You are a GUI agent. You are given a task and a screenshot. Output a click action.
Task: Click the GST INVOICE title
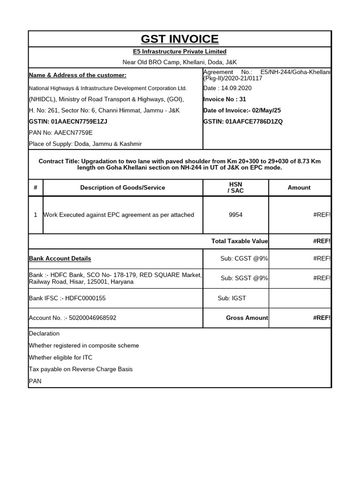[180, 39]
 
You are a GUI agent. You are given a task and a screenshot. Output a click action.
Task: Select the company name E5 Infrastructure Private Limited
[180, 52]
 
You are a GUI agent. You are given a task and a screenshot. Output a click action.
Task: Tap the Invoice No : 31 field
[225, 99]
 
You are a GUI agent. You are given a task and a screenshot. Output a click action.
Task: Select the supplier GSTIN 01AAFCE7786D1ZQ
[243, 122]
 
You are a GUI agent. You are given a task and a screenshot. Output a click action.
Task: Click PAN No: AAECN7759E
[61, 133]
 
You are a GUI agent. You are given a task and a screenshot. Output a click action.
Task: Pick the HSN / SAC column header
[235, 187]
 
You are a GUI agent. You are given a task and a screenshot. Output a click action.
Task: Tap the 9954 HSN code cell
[235, 215]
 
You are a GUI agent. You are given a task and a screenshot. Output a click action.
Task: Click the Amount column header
[299, 187]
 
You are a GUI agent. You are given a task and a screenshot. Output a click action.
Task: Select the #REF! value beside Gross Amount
[322, 318]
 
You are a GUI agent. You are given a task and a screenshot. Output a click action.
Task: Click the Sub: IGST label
[232, 298]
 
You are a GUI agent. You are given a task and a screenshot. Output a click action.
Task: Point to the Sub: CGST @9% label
[244, 259]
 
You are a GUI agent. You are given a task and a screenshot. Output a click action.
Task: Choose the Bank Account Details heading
[60, 259]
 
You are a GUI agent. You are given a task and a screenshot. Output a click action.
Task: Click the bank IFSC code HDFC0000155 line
[70, 298]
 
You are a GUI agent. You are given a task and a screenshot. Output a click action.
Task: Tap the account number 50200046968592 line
[73, 318]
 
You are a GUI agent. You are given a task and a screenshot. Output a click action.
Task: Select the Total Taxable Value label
[240, 241]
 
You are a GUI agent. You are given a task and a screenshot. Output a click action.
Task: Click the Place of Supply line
[85, 144]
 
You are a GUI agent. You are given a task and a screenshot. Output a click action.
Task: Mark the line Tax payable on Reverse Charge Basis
[81, 369]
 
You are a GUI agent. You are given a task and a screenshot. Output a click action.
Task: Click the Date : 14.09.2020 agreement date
[228, 88]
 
